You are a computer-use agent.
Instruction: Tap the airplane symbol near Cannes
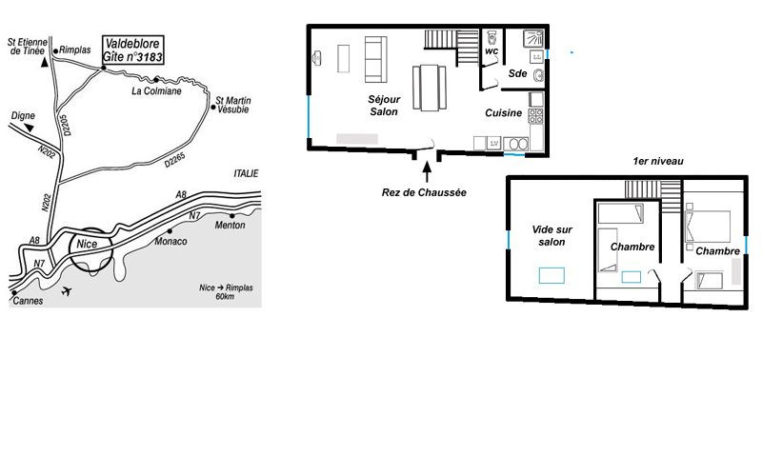(x=67, y=291)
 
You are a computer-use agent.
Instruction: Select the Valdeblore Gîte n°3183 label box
(x=133, y=50)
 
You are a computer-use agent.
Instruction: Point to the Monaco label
(x=170, y=242)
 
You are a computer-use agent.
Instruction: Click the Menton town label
(x=230, y=225)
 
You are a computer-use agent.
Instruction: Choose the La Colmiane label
(x=156, y=90)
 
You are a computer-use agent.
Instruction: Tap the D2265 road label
(x=174, y=160)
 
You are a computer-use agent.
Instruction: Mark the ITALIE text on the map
(x=246, y=173)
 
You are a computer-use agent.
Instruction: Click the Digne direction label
(x=23, y=115)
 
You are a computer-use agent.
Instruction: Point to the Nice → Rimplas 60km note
(x=226, y=291)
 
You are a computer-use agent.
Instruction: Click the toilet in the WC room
(x=491, y=37)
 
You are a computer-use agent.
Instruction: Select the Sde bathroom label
(x=517, y=73)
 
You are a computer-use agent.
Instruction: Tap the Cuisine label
(x=504, y=112)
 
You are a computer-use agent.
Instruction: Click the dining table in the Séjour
(x=430, y=88)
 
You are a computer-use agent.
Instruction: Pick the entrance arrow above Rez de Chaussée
(x=427, y=172)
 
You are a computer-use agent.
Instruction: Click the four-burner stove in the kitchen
(x=536, y=116)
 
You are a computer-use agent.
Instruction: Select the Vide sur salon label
(x=552, y=235)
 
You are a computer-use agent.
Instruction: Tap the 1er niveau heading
(x=658, y=161)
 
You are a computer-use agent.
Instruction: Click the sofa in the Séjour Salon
(x=375, y=59)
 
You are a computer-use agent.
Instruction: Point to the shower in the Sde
(x=533, y=38)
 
